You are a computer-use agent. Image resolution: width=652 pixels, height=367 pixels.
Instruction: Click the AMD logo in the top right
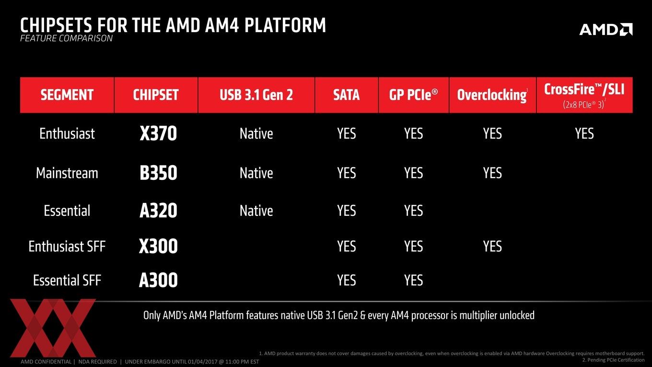pyautogui.click(x=605, y=29)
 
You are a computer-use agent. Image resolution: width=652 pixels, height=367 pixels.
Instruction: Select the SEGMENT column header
pyautogui.click(x=67, y=95)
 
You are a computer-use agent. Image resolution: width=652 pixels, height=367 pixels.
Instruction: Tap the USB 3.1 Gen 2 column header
pyautogui.click(x=256, y=95)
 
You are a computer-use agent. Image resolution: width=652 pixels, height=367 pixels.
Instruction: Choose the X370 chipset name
pyautogui.click(x=158, y=133)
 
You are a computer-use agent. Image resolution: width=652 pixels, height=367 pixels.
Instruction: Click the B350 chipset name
pyautogui.click(x=158, y=173)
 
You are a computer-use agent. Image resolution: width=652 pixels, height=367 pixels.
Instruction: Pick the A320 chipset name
pyautogui.click(x=158, y=211)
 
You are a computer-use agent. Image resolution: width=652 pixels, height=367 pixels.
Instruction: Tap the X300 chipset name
pyautogui.click(x=158, y=246)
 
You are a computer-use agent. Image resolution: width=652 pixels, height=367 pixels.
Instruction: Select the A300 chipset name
pyautogui.click(x=158, y=280)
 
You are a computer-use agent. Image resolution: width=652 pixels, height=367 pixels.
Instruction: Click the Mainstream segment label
pyautogui.click(x=67, y=173)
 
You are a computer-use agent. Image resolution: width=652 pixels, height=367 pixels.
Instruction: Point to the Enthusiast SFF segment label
pyautogui.click(x=67, y=247)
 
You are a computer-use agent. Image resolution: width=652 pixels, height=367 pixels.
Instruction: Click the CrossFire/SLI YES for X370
pyautogui.click(x=584, y=134)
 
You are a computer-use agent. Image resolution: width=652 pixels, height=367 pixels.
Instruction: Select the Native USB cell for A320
pyautogui.click(x=256, y=211)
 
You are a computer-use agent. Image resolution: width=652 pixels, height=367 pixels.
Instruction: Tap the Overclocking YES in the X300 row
pyautogui.click(x=492, y=247)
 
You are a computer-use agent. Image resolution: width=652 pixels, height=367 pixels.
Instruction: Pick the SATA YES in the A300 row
pyautogui.click(x=346, y=280)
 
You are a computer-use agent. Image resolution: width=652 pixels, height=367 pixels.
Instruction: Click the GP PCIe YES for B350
pyautogui.click(x=413, y=173)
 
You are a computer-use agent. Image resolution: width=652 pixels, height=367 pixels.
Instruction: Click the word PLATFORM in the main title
pyautogui.click(x=285, y=25)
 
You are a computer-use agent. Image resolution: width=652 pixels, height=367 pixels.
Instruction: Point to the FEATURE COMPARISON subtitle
pyautogui.click(x=66, y=38)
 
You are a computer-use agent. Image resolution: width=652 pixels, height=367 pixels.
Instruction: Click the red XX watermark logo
pyautogui.click(x=53, y=328)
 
